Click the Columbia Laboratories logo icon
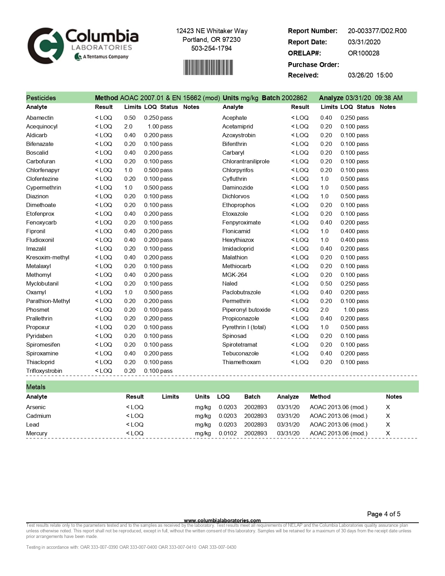tap(45, 46)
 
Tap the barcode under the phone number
tap(208, 67)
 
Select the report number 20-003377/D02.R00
tap(377, 31)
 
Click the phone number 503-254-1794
tap(211, 48)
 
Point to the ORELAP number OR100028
tap(363, 53)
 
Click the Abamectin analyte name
tap(40, 118)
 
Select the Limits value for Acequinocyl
tap(128, 126)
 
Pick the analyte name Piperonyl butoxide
tap(246, 310)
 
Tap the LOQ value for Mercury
tap(228, 433)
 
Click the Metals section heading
tap(36, 387)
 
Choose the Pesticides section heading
tap(41, 98)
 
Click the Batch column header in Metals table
tap(252, 397)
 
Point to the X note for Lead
tap(388, 424)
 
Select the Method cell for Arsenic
tap(339, 407)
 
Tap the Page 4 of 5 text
tap(384, 514)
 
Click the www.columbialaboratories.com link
tap(222, 520)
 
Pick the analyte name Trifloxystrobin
tap(44, 371)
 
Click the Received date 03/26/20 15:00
tap(370, 75)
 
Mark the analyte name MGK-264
tap(235, 275)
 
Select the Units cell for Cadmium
tap(203, 416)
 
